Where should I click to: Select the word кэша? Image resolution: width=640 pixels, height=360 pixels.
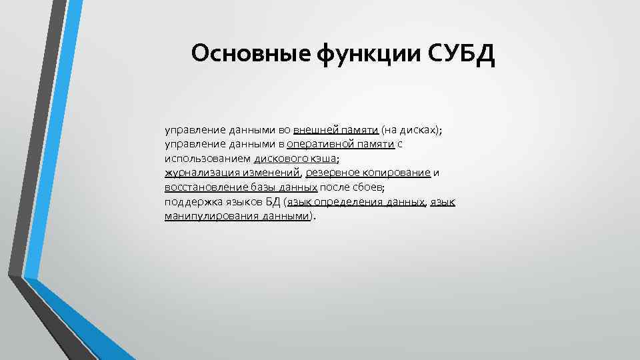click(x=323, y=159)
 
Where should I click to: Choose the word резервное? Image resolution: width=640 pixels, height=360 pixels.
click(x=333, y=173)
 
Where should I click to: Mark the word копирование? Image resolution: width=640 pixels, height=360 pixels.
click(x=398, y=173)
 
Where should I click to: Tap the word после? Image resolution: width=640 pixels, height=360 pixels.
click(x=334, y=188)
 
